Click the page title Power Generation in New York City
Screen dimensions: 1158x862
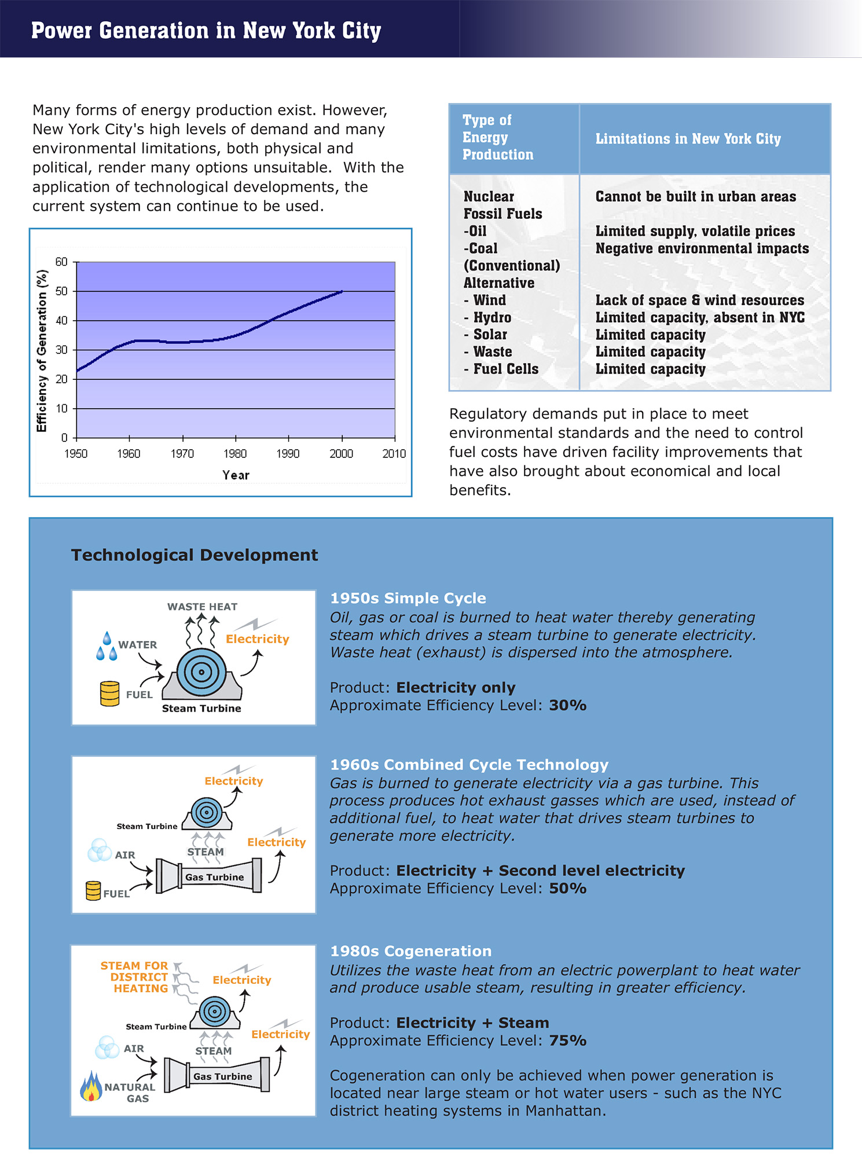tap(206, 31)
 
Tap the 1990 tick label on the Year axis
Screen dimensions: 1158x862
tap(288, 454)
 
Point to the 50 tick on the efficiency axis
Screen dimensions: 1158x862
tap(61, 291)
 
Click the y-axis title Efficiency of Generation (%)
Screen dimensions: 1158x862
tap(42, 351)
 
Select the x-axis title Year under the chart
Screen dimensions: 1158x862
tap(236, 475)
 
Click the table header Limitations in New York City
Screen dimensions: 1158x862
tap(688, 139)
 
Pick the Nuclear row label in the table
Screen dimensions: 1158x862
tap(489, 197)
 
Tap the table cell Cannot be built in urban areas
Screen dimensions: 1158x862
tap(695, 197)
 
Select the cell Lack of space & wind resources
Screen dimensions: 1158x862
tap(699, 301)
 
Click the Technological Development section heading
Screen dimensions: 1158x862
tap(195, 555)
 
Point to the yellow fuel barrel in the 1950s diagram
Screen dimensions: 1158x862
tap(109, 694)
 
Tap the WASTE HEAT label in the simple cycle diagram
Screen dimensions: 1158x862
tap(202, 607)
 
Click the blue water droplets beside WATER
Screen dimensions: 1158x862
tap(107, 647)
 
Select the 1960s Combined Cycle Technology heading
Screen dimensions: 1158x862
tap(469, 765)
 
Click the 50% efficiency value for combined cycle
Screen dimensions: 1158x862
tap(567, 889)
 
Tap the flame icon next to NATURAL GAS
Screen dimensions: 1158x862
tap(91, 1087)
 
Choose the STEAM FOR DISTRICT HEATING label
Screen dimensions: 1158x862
tap(134, 977)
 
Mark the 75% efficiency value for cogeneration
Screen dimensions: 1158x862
tap(567, 1041)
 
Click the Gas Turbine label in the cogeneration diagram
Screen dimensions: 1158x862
tap(222, 1077)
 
